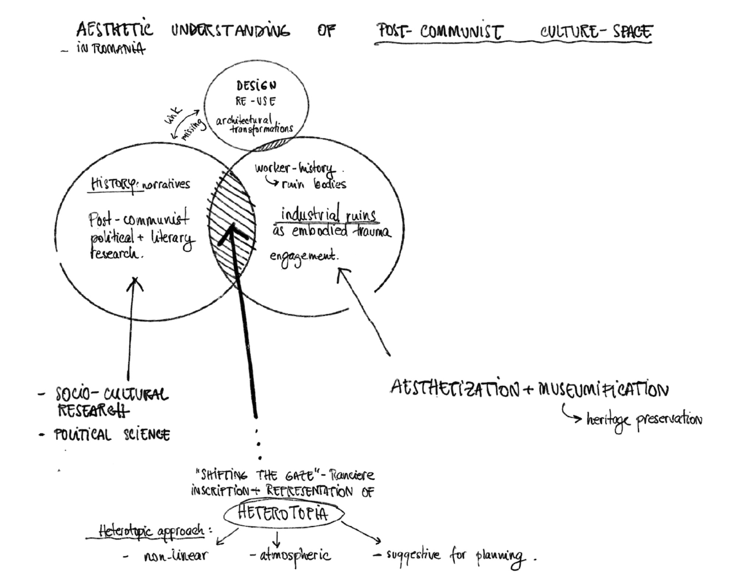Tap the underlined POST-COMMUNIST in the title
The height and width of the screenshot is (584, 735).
click(x=439, y=31)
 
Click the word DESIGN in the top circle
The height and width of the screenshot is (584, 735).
click(x=256, y=86)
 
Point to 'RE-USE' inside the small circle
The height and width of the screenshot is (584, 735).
click(x=256, y=101)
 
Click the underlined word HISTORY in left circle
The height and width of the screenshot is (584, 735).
click(x=114, y=184)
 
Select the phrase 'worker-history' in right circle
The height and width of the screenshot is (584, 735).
click(x=295, y=168)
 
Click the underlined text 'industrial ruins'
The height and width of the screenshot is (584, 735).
click(x=329, y=215)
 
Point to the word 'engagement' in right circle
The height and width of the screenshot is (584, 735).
click(x=304, y=257)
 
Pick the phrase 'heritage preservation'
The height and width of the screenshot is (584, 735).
click(x=644, y=419)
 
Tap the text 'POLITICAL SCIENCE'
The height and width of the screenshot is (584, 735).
click(x=111, y=435)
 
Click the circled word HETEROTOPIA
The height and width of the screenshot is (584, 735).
click(x=283, y=513)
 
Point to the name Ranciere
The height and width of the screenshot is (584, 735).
click(x=351, y=475)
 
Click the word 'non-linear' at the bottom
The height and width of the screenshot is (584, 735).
click(x=175, y=556)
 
